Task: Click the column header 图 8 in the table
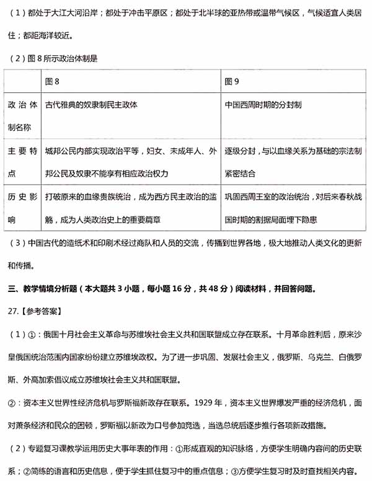(53, 81)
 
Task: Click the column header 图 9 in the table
(232, 81)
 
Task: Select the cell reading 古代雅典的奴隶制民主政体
(91, 105)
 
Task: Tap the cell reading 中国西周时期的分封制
(263, 105)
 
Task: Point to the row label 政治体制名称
(23, 116)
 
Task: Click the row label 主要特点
(23, 162)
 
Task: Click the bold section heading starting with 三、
(161, 289)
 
